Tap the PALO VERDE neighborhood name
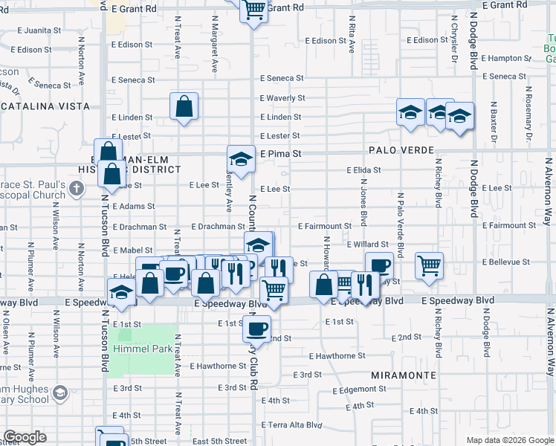click(401, 150)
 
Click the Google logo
click(25, 437)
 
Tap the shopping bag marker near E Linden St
click(184, 106)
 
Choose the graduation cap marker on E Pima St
click(241, 158)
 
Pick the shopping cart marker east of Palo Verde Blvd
click(429, 265)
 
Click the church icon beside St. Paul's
click(76, 190)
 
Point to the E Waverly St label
click(282, 98)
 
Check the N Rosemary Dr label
click(528, 117)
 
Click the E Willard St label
click(367, 244)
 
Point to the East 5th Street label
click(220, 442)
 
